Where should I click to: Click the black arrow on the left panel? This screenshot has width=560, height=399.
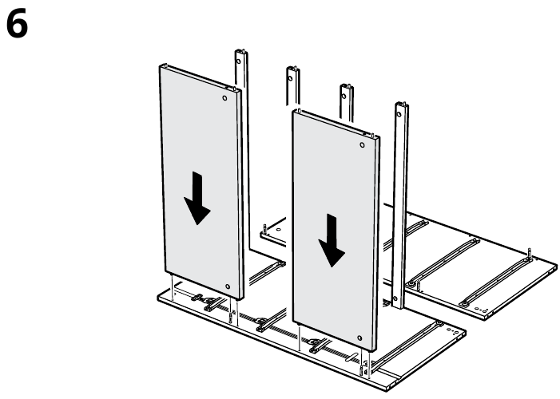click(197, 202)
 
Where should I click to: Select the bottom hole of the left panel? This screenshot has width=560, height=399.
click(228, 286)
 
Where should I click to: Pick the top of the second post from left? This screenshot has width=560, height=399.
click(292, 71)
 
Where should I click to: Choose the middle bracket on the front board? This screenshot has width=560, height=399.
click(260, 323)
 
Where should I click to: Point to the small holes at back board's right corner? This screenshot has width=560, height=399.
click(479, 307)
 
